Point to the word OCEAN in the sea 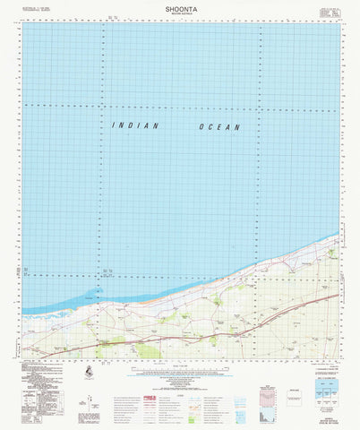219,127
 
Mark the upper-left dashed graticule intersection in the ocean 101,105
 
